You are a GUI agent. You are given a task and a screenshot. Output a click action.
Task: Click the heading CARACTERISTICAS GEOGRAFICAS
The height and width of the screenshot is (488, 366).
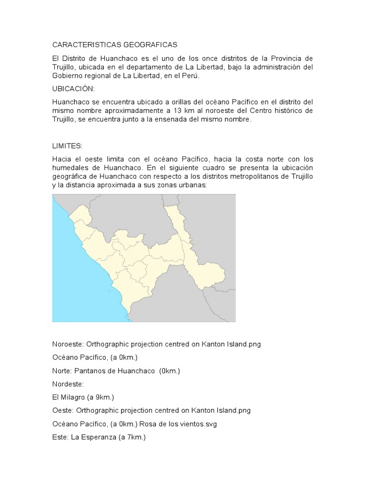pos(114,45)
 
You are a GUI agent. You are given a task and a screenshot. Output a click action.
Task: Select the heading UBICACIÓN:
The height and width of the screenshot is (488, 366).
pos(73,89)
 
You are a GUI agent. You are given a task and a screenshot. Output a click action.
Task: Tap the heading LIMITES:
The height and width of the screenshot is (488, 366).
pos(67,145)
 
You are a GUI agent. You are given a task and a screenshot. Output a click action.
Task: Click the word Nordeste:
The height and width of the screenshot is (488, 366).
pos(68,384)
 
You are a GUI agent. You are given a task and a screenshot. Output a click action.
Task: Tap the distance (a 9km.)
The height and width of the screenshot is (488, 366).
pos(101,397)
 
